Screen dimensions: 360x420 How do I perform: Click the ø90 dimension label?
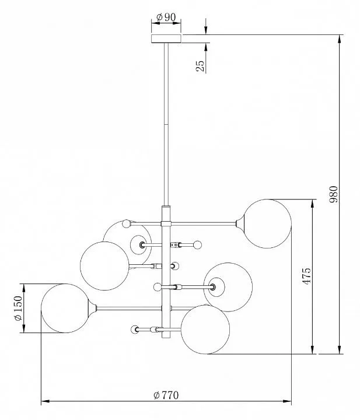[x=166, y=17]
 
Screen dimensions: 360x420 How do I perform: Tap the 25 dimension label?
[x=200, y=66]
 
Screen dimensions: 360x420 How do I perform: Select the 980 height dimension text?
[x=334, y=194]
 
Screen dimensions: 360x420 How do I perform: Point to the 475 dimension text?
[x=307, y=276]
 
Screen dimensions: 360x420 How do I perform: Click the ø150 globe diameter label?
[x=18, y=309]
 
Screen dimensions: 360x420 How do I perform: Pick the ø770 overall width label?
[x=166, y=395]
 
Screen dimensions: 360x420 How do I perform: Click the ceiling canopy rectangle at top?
[x=166, y=38]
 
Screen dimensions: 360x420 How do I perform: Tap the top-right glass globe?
[x=267, y=223]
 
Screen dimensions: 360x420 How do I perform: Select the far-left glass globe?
[x=65, y=309]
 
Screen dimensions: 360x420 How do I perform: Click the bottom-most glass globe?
[x=205, y=330]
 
